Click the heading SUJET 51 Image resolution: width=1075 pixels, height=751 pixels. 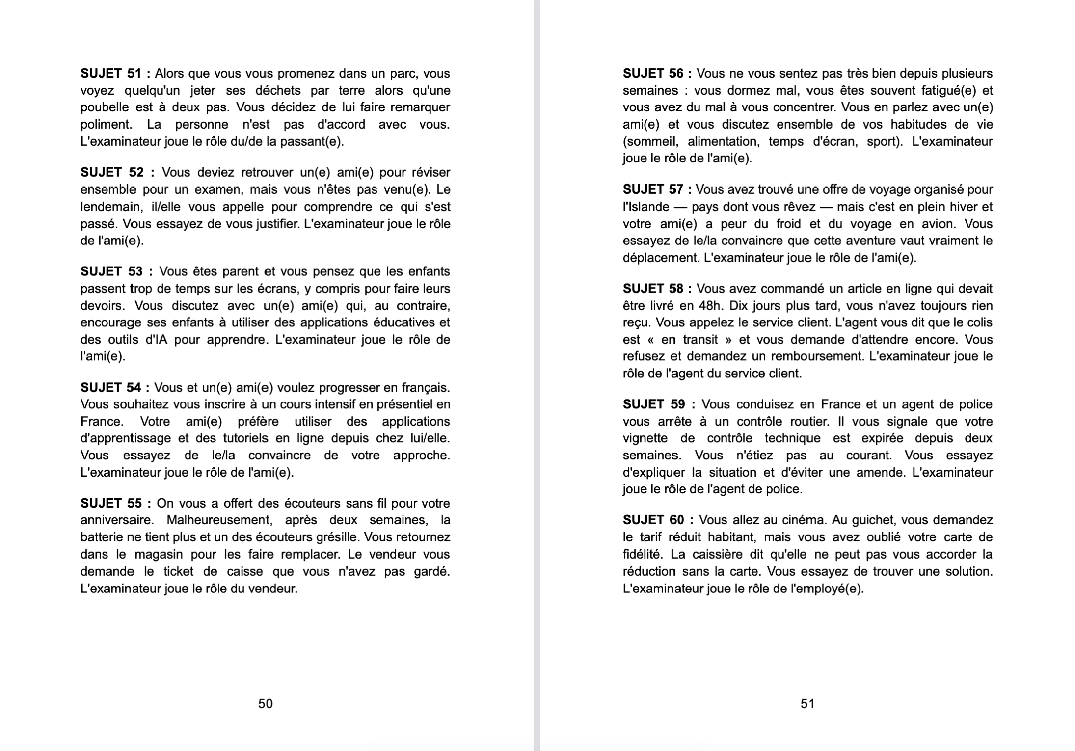point(111,74)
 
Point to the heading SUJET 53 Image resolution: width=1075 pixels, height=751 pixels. point(112,271)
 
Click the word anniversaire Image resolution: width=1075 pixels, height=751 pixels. point(114,520)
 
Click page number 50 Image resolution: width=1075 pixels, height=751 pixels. point(266,704)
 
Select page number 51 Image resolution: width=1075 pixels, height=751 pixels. point(807,704)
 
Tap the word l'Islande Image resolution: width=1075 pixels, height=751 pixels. point(646,207)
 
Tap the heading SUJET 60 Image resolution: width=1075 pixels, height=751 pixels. point(653,520)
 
